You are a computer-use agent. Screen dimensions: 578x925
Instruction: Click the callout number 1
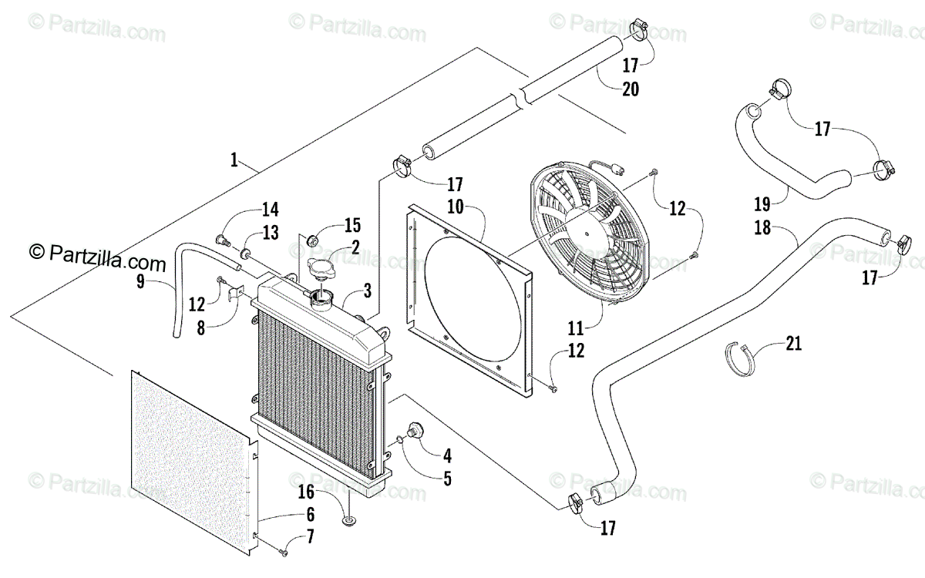click(x=233, y=160)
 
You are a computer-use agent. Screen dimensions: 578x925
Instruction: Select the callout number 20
click(x=630, y=89)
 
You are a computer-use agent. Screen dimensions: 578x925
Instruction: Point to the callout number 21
click(x=793, y=343)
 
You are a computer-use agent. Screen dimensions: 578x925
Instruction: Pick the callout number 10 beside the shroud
click(x=454, y=207)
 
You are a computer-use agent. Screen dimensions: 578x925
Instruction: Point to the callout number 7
click(x=310, y=537)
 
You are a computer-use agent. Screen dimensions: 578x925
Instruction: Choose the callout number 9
click(x=140, y=282)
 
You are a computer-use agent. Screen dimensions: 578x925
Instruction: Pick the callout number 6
click(x=310, y=513)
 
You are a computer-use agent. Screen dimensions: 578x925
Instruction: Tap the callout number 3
click(x=367, y=291)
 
